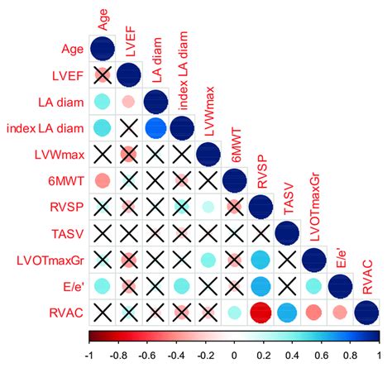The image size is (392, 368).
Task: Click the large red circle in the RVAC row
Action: [262, 313]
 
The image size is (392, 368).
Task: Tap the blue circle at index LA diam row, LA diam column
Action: [155, 128]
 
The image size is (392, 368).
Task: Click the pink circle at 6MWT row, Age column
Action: [102, 180]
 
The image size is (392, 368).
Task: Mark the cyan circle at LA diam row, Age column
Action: [102, 102]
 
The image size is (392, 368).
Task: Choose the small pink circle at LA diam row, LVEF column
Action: [128, 102]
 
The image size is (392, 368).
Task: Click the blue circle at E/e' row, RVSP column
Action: [262, 287]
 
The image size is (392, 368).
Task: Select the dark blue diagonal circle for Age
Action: [102, 49]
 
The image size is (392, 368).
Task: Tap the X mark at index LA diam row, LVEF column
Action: [128, 128]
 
